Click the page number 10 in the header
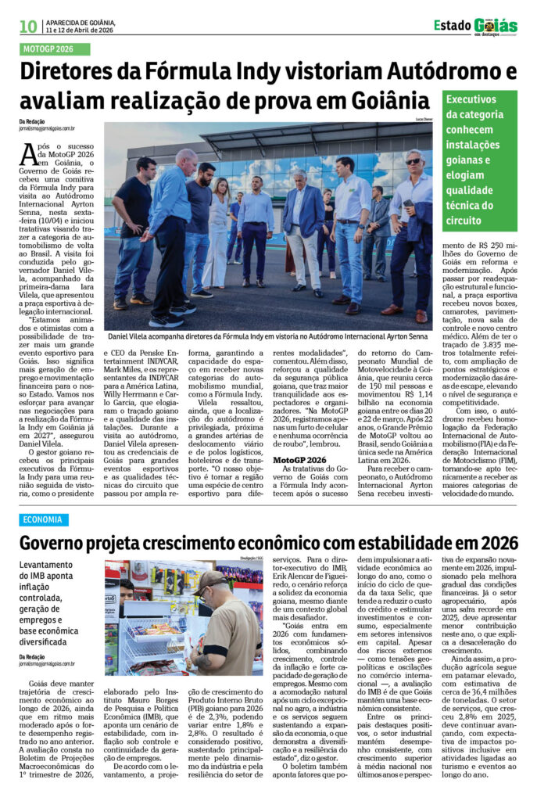[x=28, y=27]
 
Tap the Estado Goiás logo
[x=475, y=26]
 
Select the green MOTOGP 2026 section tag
[x=55, y=49]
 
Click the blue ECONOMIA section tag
[x=44, y=520]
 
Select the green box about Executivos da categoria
[x=479, y=160]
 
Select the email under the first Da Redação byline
[x=47, y=128]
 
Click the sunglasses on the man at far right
[x=412, y=162]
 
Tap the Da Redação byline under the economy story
[x=32, y=657]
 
